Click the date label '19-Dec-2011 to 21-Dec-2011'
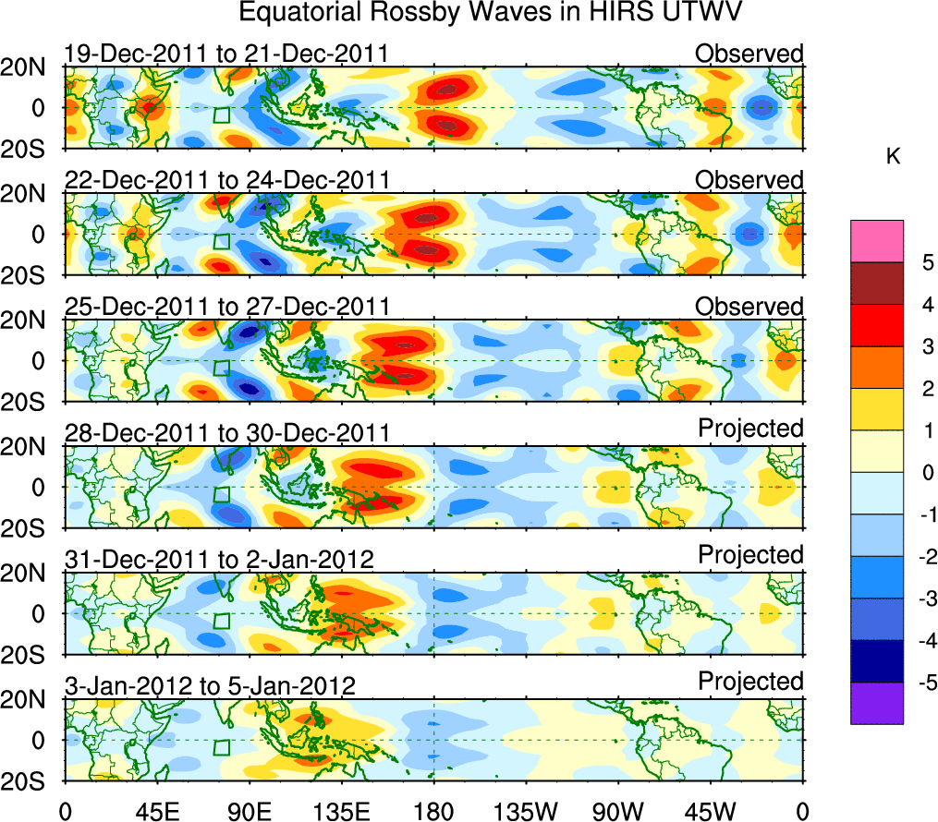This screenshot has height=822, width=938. pyautogui.click(x=225, y=54)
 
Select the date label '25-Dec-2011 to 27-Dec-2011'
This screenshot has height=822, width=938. pyautogui.click(x=226, y=307)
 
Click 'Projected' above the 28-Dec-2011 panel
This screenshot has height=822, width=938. pyautogui.click(x=750, y=429)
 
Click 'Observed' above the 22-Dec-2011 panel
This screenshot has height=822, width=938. pyautogui.click(x=749, y=179)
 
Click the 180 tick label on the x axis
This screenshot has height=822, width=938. pyautogui.click(x=432, y=811)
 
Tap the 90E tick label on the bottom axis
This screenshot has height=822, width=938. pyautogui.click(x=248, y=811)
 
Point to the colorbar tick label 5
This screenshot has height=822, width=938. pyautogui.click(x=924, y=263)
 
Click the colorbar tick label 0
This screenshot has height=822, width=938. pyautogui.click(x=924, y=473)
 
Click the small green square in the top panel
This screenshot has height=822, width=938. pyautogui.click(x=221, y=115)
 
